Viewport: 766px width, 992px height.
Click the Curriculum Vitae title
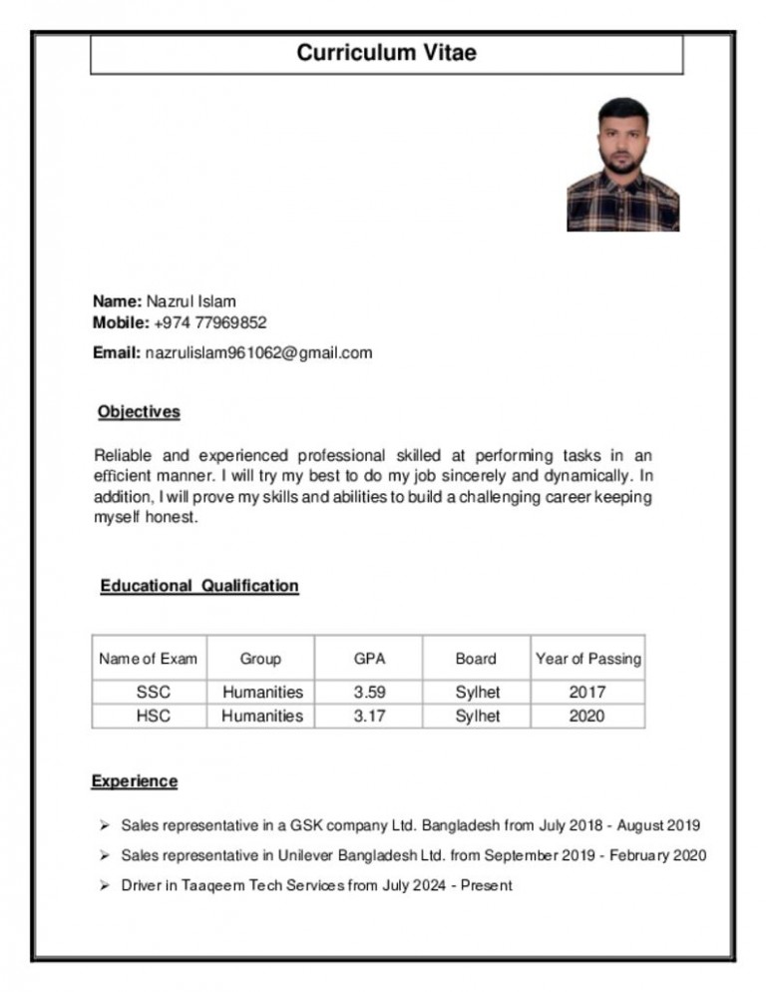click(x=386, y=53)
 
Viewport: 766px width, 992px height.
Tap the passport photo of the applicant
click(x=622, y=165)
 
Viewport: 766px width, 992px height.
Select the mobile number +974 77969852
click(x=210, y=323)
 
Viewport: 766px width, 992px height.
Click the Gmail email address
click(x=258, y=352)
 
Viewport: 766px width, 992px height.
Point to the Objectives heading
click(x=139, y=411)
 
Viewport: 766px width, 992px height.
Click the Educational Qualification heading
click(x=199, y=586)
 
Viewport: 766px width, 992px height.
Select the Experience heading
click(x=135, y=781)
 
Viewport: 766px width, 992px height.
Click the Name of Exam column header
click(x=148, y=659)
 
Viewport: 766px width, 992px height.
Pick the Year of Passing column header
click(x=588, y=659)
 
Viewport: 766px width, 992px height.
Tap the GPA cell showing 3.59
click(x=369, y=692)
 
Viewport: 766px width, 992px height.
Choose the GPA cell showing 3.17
click(x=369, y=716)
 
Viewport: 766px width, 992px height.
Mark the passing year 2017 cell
click(x=586, y=692)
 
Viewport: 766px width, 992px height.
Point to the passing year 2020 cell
click(x=586, y=716)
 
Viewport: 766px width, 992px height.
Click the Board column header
click(x=476, y=659)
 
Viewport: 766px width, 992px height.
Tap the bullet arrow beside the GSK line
click(x=104, y=825)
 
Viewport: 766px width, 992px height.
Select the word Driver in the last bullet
click(x=142, y=885)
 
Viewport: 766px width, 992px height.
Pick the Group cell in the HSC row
click(x=262, y=716)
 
